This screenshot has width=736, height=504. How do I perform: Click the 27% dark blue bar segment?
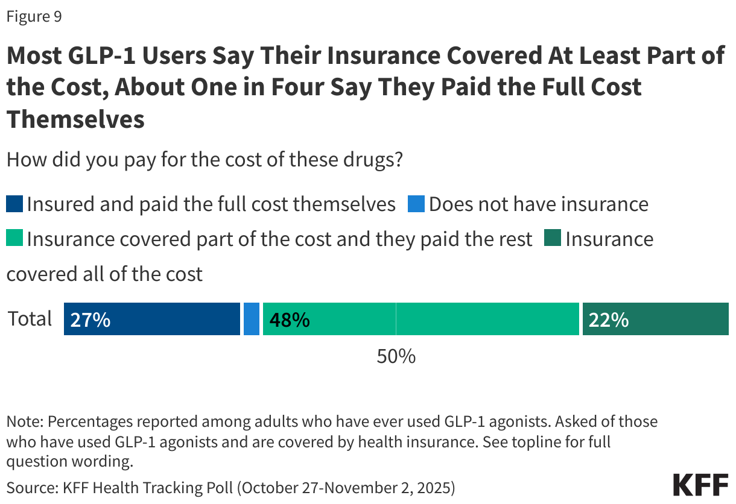pos(152,319)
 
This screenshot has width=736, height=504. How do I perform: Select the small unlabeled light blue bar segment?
pos(252,319)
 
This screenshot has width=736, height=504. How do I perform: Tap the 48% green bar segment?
pos(420,319)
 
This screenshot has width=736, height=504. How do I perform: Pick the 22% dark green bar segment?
pos(655,319)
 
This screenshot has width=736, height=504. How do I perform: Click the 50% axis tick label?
pos(396,356)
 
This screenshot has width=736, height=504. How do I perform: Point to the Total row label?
pos(30,319)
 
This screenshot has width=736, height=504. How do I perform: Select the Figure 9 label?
pos(34,17)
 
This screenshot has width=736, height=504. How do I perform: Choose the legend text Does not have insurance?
pos(538,204)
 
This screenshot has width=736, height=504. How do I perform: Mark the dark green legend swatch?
pos(553,239)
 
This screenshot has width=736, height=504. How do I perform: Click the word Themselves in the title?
pos(75,119)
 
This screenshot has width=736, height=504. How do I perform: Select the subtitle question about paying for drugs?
pos(205,161)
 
